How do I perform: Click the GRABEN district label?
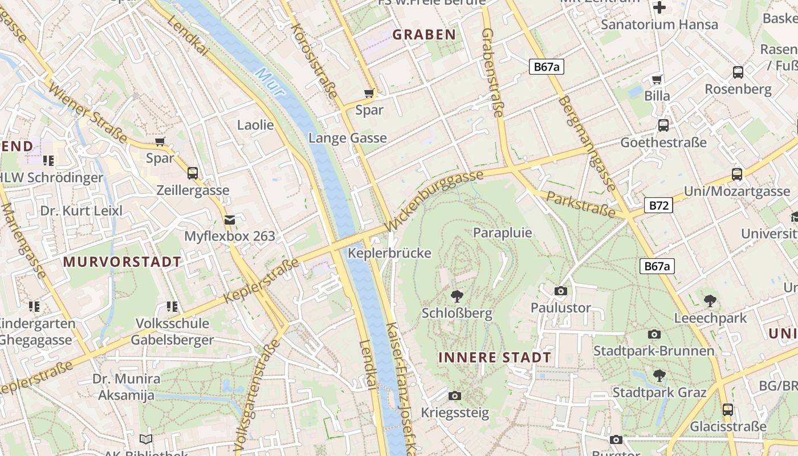click(424, 35)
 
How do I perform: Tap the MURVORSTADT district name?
click(122, 262)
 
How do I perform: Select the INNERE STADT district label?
click(495, 358)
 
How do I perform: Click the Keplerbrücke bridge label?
click(389, 253)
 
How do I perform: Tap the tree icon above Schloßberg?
click(457, 296)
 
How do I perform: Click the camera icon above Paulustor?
click(560, 291)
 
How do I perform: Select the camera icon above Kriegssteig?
click(454, 396)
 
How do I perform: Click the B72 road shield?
click(658, 205)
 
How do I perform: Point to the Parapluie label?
click(502, 233)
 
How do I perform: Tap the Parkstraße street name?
click(580, 205)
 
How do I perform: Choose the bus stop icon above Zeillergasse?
click(193, 173)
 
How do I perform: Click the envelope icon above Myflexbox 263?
click(229, 219)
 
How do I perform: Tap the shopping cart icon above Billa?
click(657, 79)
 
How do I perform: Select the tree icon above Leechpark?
click(710, 300)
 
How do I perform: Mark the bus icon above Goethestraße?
click(663, 125)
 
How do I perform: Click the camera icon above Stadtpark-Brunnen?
click(654, 334)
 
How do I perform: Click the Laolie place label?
click(255, 125)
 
